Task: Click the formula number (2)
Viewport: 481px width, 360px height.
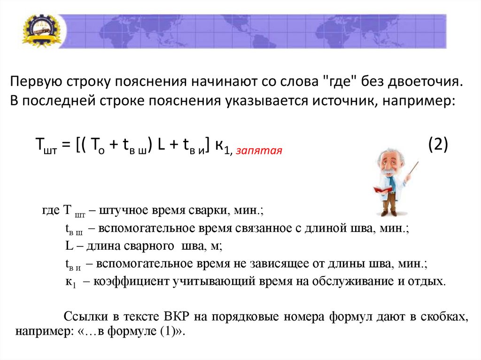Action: pyautogui.click(x=438, y=144)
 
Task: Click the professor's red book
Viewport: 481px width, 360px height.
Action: pyautogui.click(x=382, y=190)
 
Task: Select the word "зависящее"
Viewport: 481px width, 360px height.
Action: pyautogui.click(x=270, y=263)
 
